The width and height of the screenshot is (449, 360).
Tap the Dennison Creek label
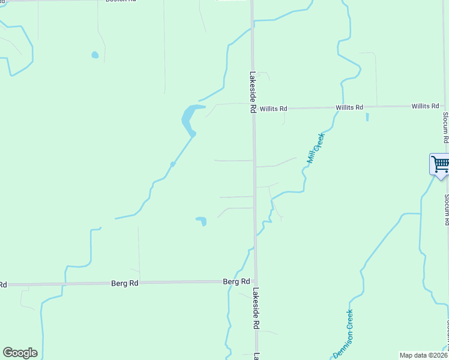tap(343, 334)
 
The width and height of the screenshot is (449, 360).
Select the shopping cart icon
tap(440, 163)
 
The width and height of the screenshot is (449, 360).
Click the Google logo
tap(20, 353)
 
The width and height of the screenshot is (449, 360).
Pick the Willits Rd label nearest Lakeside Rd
tap(273, 109)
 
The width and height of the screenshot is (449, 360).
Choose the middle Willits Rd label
tap(349, 107)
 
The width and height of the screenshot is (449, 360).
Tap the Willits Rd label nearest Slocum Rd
tap(425, 106)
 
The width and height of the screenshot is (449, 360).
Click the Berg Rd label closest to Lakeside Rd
tap(237, 281)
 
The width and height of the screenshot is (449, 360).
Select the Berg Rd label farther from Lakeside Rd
tap(125, 283)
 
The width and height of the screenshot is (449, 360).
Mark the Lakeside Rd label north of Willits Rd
tap(253, 93)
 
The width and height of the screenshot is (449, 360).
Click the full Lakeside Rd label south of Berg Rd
tap(256, 308)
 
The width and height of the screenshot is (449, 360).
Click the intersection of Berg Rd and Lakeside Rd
tap(255, 281)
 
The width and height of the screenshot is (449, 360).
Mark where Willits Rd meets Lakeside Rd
tap(253, 108)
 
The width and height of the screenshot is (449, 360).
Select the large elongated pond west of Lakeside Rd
tap(189, 119)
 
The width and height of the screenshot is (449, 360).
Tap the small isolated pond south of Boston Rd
tap(95, 55)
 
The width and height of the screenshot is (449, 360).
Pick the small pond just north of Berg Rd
tap(202, 221)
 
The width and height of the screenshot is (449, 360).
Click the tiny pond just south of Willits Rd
tap(367, 117)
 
